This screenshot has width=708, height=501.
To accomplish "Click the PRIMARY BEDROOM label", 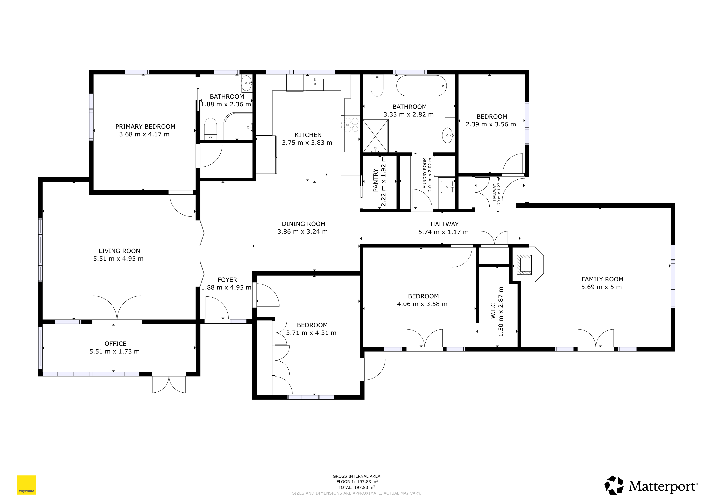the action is tap(145, 126).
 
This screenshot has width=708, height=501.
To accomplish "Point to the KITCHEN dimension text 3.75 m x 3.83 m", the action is tap(307, 143).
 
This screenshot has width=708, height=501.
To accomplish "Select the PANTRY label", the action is tap(376, 180).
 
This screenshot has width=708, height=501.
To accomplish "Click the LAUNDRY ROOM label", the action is tap(425, 174).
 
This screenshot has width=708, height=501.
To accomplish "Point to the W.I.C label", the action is tap(493, 311).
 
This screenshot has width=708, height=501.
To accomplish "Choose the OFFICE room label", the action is tap(116, 344).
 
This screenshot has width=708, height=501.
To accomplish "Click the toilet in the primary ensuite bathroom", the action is tap(211, 129).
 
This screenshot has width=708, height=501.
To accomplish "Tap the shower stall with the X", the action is tap(375, 136).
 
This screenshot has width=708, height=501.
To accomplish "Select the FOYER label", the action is tap(227, 280).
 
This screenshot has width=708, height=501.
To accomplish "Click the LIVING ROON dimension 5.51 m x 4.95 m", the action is tap(118, 258).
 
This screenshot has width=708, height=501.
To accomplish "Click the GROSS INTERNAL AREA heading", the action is tap(356, 476).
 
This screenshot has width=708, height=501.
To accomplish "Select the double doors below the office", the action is tap(169, 382).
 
